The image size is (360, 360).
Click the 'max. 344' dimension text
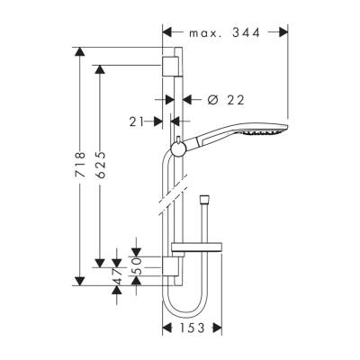(225, 33)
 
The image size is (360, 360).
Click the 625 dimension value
(104, 166)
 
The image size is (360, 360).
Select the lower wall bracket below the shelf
(170, 266)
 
